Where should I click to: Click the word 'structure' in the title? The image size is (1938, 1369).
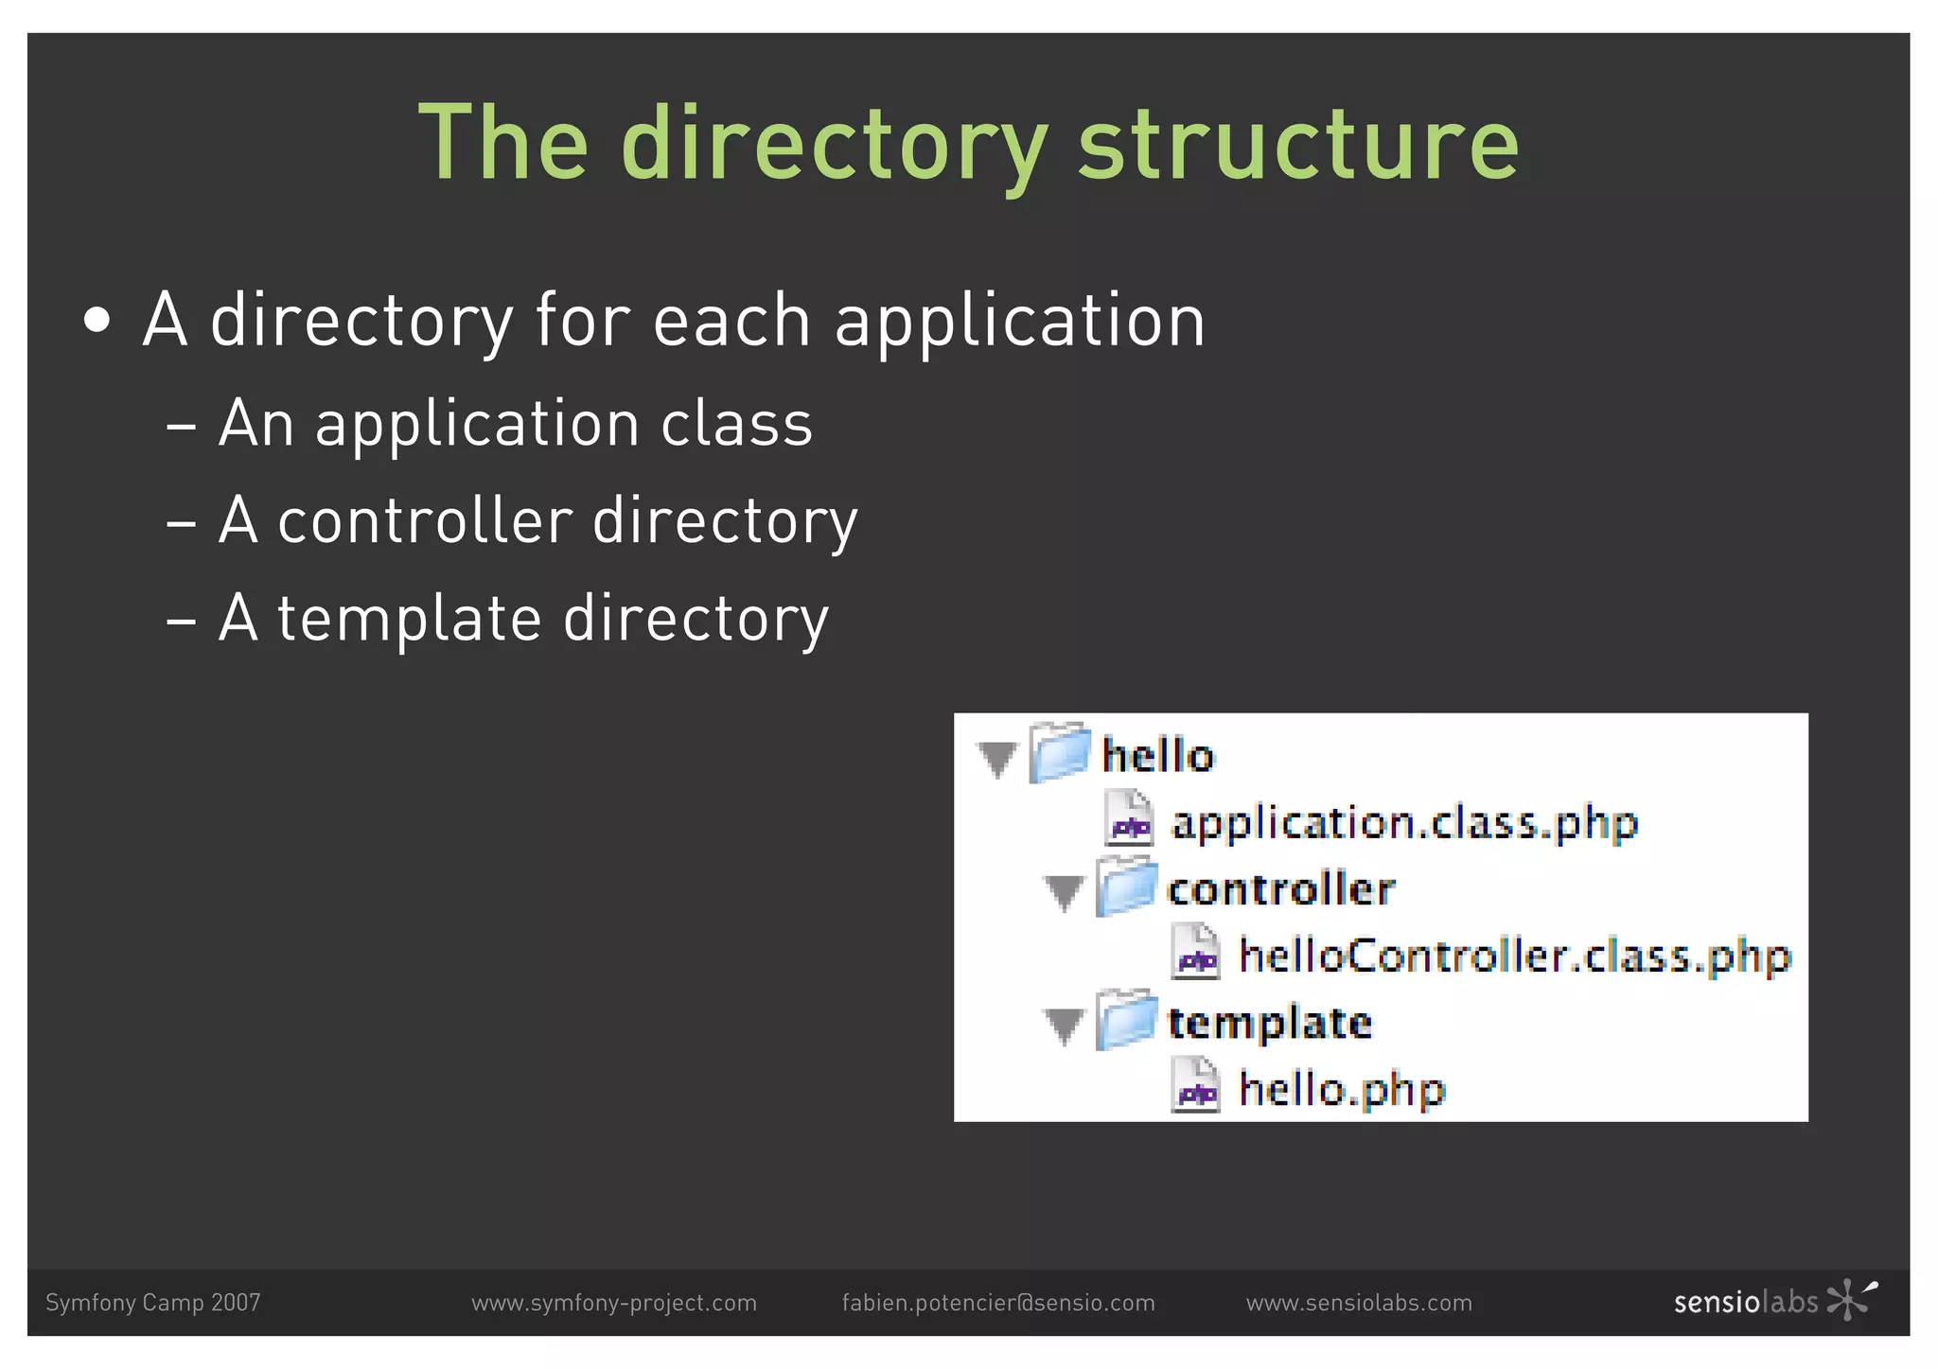click(x=1298, y=144)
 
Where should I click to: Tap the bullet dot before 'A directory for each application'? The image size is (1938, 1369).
click(x=97, y=322)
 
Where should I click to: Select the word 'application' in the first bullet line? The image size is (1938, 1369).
click(x=1020, y=322)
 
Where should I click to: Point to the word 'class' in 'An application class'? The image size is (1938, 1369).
click(x=736, y=423)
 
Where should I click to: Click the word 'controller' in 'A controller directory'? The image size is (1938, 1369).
click(x=425, y=521)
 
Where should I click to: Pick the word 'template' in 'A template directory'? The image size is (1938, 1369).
click(x=409, y=620)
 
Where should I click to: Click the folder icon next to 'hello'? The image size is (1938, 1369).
click(x=1060, y=753)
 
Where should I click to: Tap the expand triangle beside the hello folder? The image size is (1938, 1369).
click(x=997, y=758)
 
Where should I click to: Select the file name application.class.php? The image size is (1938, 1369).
click(x=1404, y=823)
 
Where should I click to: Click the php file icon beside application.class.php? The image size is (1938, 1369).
click(x=1130, y=819)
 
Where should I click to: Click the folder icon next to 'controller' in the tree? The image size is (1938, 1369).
click(x=1126, y=886)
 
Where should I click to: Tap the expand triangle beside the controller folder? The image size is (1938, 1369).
click(x=1064, y=891)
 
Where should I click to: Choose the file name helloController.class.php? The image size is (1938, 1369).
click(x=1515, y=957)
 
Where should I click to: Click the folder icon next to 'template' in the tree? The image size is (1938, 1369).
click(x=1126, y=1020)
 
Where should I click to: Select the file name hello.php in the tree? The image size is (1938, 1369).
click(x=1342, y=1090)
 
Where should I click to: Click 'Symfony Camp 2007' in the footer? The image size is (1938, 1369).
click(x=153, y=1303)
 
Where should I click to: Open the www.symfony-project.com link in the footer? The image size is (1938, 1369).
click(x=614, y=1303)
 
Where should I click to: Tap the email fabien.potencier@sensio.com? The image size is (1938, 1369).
click(x=998, y=1303)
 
